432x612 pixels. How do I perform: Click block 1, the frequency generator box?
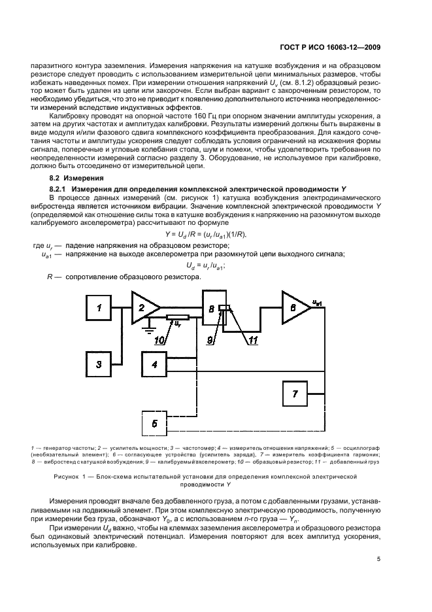coord(100,307)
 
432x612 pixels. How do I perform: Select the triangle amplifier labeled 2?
coord(146,307)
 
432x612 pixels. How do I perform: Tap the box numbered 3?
coord(100,364)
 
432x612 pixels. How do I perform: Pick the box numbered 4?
coord(154,364)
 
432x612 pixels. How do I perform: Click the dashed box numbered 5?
coord(154,423)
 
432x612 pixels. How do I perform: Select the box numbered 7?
coord(295,394)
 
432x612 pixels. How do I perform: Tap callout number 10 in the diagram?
coord(159,340)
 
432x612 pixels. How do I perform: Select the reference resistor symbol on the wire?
coord(178,318)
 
